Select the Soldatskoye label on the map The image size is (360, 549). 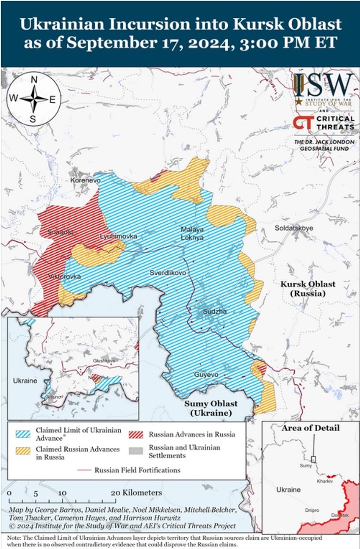point(294,228)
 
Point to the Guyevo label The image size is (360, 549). point(206,375)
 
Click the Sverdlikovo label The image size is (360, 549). point(168,273)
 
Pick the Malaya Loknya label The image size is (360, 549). point(192,233)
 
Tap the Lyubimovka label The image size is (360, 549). point(119,236)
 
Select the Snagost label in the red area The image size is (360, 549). point(60,232)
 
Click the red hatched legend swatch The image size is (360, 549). point(136,434)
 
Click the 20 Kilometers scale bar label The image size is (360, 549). point(136,493)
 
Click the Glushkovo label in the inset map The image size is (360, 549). point(104,360)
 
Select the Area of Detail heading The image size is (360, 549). point(310,428)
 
